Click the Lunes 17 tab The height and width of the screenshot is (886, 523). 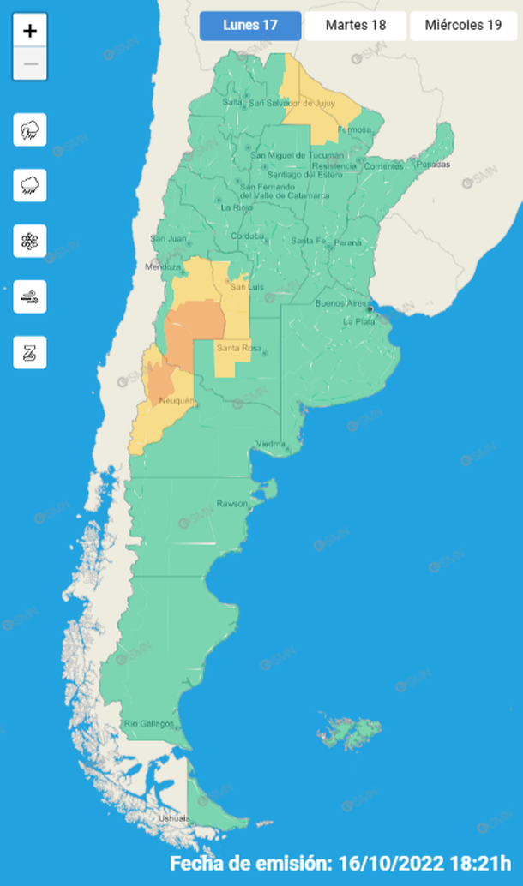point(250,25)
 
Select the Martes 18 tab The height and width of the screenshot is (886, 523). point(355,25)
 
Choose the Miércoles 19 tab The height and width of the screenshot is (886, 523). point(464,25)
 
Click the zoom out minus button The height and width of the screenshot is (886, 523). point(30,63)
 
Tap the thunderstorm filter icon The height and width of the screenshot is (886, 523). point(30,130)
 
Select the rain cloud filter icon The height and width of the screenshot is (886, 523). point(30,185)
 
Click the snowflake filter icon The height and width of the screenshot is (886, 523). point(30,241)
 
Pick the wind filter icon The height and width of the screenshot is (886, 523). point(30,296)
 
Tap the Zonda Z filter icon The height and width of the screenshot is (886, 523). point(30,352)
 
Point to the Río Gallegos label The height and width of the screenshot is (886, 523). point(149,724)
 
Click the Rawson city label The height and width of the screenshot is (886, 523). point(231,503)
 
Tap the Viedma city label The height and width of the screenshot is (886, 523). point(272,444)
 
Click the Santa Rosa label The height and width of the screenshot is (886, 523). point(233,347)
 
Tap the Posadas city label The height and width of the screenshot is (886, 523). point(434,165)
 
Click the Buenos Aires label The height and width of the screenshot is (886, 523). point(341,304)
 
